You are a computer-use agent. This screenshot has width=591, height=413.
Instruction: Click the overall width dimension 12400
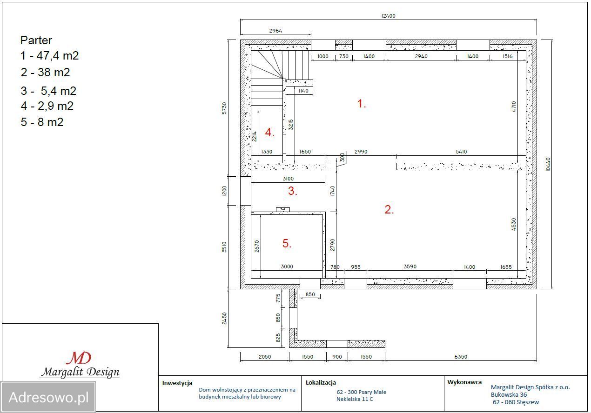click(389, 16)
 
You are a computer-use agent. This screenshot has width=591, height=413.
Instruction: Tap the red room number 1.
click(362, 103)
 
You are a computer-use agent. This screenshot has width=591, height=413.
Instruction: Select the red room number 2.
click(389, 209)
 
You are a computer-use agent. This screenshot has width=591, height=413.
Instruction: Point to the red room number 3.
click(293, 191)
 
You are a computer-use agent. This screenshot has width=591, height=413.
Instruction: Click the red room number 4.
click(269, 132)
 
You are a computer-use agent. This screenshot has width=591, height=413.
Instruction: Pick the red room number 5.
click(287, 243)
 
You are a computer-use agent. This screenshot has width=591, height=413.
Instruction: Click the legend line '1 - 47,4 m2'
click(50, 56)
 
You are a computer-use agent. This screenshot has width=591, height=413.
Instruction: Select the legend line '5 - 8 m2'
click(42, 122)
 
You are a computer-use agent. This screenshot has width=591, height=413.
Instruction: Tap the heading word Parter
click(36, 40)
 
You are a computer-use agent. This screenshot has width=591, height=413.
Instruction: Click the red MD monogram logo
click(79, 358)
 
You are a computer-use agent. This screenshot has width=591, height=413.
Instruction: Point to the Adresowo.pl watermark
click(48, 397)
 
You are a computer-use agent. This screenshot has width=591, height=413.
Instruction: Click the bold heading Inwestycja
click(177, 383)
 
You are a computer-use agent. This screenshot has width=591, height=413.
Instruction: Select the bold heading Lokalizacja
click(321, 383)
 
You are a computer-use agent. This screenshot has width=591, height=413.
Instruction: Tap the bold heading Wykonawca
click(464, 382)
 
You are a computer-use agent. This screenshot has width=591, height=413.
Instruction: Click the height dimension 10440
click(548, 164)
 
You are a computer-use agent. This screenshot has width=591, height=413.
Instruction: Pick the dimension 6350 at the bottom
click(461, 357)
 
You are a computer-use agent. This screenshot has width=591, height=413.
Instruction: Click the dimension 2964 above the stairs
click(275, 31)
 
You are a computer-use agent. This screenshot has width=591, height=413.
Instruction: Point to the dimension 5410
click(461, 152)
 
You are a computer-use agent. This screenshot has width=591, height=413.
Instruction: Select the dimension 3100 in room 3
click(288, 179)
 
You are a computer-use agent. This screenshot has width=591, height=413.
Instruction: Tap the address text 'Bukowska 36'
click(509, 395)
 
